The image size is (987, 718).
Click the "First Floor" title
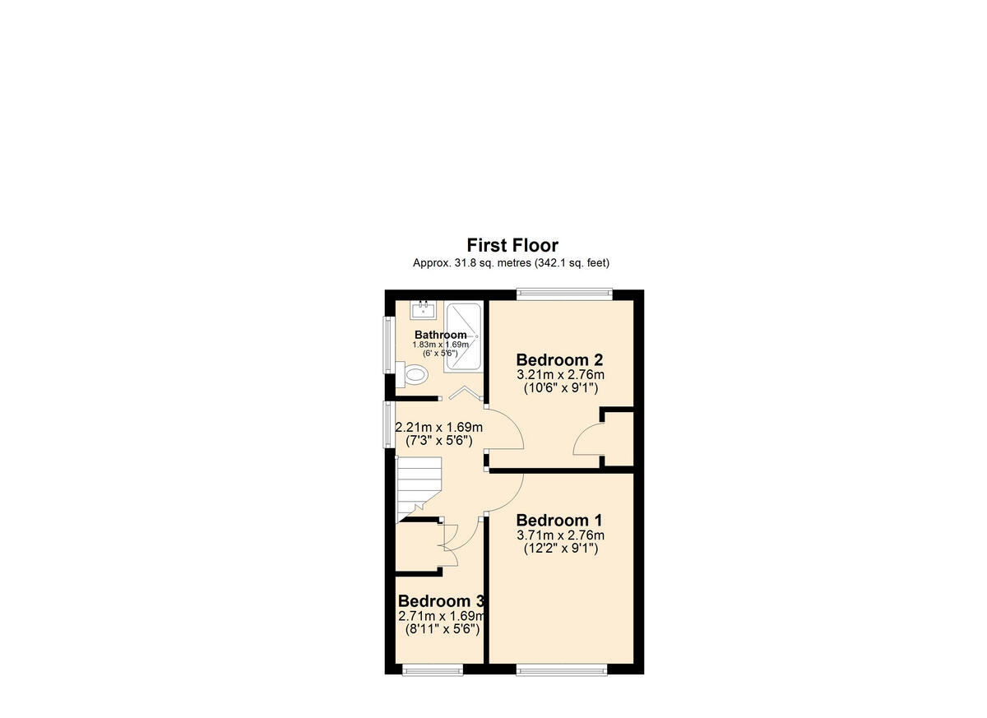(512, 245)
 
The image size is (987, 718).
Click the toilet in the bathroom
(416, 376)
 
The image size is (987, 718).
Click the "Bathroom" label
(440, 335)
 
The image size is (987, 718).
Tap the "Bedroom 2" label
(560, 359)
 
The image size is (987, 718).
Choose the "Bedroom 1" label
(559, 520)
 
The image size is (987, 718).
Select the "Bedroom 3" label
(440, 601)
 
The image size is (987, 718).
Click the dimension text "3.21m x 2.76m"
(560, 374)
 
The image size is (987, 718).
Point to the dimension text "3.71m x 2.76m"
(560, 535)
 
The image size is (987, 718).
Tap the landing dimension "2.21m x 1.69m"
(439, 428)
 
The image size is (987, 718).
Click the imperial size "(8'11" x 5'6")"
(441, 629)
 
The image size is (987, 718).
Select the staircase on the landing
(420, 488)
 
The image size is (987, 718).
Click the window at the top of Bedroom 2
(565, 291)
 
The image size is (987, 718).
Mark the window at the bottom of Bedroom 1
(562, 669)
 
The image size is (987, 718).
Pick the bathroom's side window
(389, 345)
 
